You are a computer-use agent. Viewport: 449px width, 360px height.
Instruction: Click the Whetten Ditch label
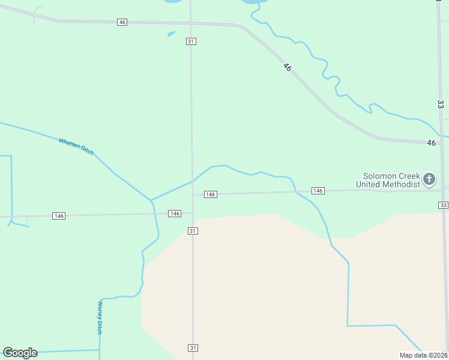tap(76, 147)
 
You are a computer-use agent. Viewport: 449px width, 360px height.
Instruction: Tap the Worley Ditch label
tap(100, 317)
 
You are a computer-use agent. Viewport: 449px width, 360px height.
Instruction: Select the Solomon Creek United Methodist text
tap(388, 180)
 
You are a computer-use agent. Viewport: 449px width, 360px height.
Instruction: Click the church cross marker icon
tap(429, 179)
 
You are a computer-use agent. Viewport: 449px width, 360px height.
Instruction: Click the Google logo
tap(20, 353)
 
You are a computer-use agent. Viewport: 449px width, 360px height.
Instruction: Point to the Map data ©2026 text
tap(423, 355)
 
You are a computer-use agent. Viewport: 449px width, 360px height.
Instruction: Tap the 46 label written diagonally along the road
tap(287, 68)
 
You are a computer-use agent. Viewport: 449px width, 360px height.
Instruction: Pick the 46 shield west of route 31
tap(122, 22)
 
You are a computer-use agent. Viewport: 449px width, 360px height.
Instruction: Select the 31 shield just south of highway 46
tap(191, 41)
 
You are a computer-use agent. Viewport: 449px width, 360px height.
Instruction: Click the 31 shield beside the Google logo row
tap(193, 348)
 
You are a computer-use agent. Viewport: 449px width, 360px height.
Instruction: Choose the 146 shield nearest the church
tap(318, 191)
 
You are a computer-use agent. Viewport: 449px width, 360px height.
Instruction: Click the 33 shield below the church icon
tap(443, 205)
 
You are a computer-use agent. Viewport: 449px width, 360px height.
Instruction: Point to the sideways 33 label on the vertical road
tap(440, 104)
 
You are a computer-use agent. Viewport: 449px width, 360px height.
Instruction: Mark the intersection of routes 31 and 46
tap(191, 23)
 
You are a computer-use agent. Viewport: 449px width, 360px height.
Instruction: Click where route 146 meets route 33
tap(444, 189)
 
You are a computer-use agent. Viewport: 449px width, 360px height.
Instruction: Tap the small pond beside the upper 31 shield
tap(172, 34)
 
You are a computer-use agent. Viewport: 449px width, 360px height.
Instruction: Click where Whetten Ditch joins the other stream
tap(151, 200)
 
